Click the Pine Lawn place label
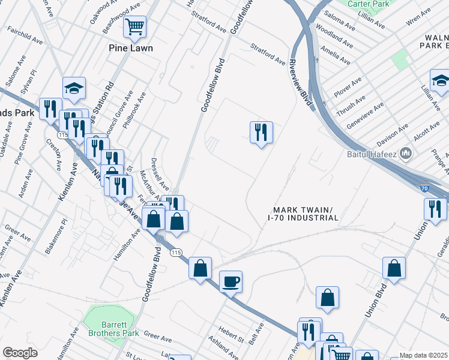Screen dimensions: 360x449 (x=131, y=48)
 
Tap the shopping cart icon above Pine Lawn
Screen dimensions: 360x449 (x=135, y=26)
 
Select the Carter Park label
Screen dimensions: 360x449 (x=367, y=3)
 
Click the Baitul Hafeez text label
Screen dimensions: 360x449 (x=373, y=154)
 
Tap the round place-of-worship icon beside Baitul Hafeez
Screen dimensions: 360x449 (x=406, y=154)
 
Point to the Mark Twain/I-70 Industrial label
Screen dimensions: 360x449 (x=303, y=214)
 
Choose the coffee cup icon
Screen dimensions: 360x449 (x=231, y=281)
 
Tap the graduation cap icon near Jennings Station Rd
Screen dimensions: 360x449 (x=74, y=88)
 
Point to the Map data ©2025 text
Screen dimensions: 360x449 (x=423, y=355)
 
